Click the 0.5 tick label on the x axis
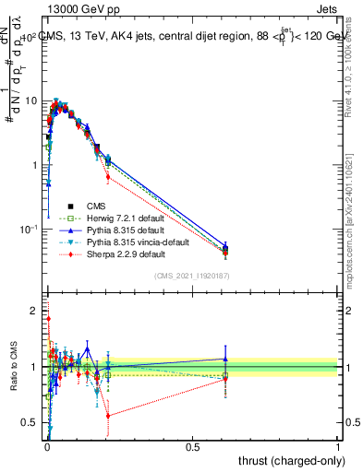click(x=192, y=446)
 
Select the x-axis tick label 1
click(x=338, y=446)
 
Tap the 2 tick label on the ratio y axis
click(x=35, y=311)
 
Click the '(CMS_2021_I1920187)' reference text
click(x=191, y=276)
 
